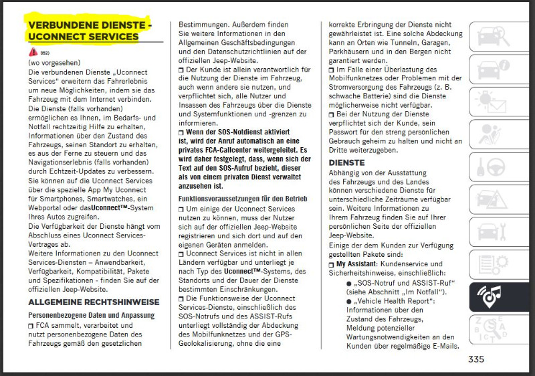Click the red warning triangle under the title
pos(33,52)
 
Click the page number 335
pos(476,359)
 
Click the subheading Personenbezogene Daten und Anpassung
pos(92,314)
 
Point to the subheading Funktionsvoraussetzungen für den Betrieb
pos(243,199)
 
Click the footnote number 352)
pos(45,53)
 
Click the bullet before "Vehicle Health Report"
pos(348,301)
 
